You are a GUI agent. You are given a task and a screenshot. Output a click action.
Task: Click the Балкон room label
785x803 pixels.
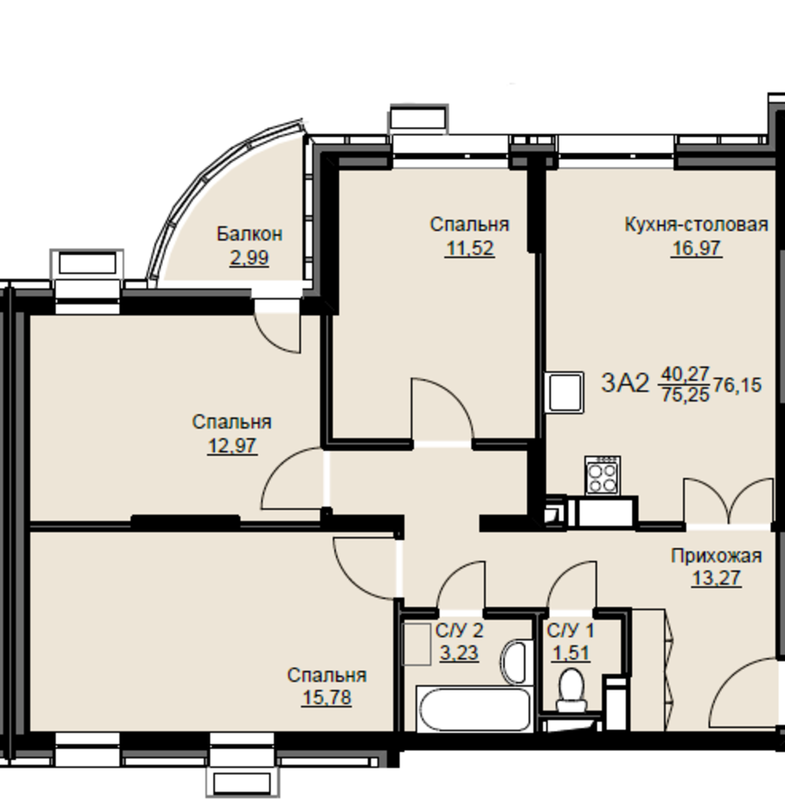(249, 234)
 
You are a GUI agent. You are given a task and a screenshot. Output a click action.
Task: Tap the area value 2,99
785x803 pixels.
(249, 257)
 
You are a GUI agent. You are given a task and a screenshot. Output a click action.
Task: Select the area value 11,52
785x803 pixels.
(470, 248)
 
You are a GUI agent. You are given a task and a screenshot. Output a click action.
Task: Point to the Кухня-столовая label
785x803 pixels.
(697, 224)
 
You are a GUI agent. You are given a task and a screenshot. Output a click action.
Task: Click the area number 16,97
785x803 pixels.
(697, 248)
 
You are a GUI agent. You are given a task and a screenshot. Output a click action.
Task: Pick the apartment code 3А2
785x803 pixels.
(624, 383)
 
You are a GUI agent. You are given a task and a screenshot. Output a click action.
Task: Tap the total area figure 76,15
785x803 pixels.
(738, 385)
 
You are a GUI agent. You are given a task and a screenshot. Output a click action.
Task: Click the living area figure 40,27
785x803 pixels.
(685, 374)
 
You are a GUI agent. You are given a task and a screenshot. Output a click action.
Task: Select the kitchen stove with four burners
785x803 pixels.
(603, 475)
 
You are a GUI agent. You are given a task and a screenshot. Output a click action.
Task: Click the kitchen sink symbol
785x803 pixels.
(564, 393)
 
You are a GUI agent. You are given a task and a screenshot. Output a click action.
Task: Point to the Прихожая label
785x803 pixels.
(717, 556)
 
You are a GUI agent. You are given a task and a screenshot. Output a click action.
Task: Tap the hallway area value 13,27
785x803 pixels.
(717, 578)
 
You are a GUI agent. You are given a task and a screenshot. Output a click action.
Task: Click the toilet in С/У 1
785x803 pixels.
(571, 690)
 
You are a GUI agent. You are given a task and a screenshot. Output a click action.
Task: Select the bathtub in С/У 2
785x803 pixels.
(474, 709)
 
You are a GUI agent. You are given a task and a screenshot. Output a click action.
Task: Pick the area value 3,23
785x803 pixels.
(459, 654)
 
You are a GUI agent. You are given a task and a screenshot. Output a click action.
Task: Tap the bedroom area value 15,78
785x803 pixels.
(327, 698)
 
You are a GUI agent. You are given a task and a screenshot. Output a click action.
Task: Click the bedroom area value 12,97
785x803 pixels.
(232, 446)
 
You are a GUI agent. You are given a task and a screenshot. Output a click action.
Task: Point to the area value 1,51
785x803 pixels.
(571, 654)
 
